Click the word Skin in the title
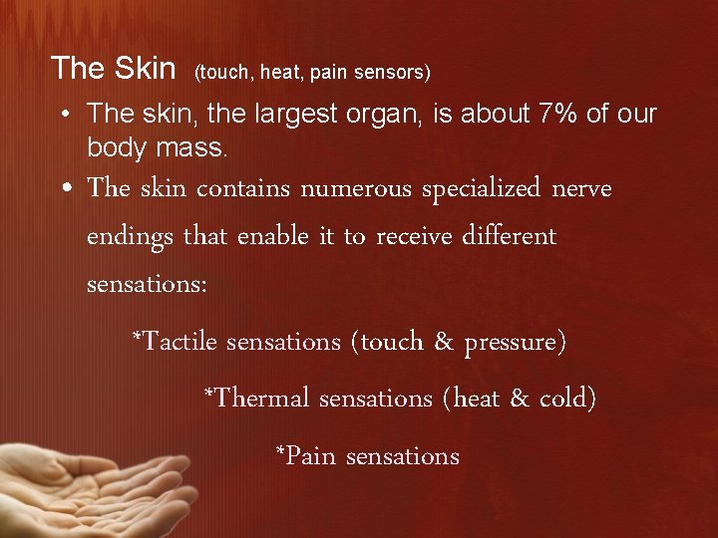pyautogui.click(x=144, y=68)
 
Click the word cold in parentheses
pyautogui.click(x=567, y=399)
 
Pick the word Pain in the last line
pyautogui.click(x=306, y=456)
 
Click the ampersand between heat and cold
pyautogui.click(x=519, y=399)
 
